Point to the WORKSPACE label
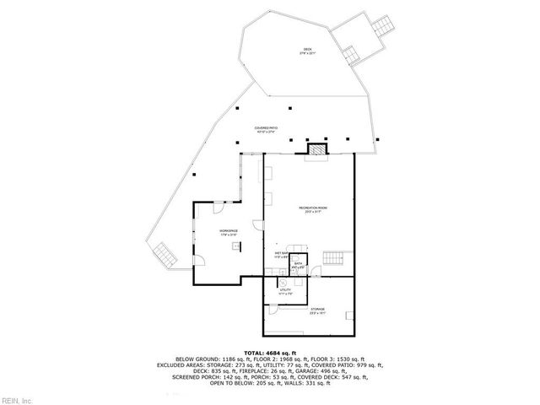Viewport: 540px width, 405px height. point(229,231)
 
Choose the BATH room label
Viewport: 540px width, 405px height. point(299,265)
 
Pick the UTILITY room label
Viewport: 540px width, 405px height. point(285,292)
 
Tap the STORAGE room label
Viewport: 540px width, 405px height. point(317,310)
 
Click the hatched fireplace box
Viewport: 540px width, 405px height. point(316,148)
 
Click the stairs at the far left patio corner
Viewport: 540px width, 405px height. point(163,253)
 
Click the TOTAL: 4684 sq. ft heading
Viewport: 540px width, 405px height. point(270,352)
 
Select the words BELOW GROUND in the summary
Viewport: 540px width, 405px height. point(196,359)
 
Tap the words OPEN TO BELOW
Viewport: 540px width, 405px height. point(237,382)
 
